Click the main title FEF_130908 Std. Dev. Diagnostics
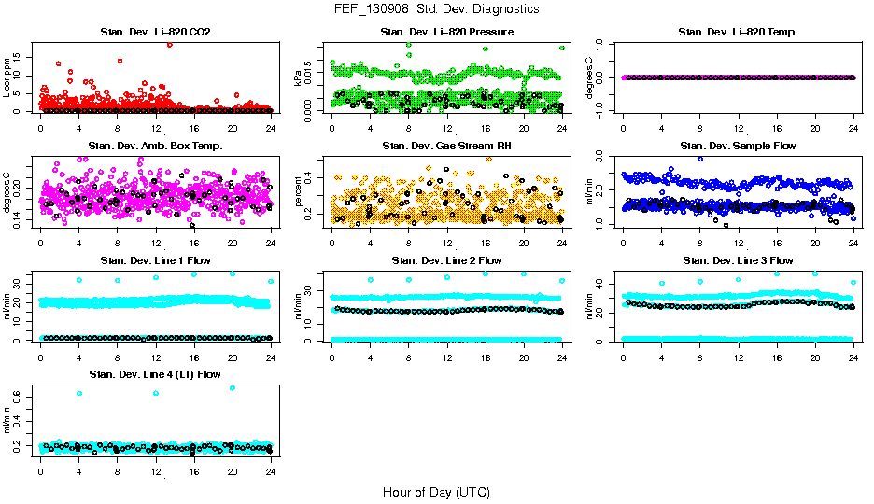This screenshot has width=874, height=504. click(x=436, y=8)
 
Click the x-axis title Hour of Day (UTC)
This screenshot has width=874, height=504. click(x=436, y=492)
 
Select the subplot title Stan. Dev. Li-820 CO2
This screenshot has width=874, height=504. click(x=155, y=33)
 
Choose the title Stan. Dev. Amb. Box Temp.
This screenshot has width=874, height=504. click(x=155, y=147)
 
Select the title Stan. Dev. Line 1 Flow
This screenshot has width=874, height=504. click(x=155, y=260)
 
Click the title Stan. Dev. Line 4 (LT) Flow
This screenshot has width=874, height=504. click(x=155, y=374)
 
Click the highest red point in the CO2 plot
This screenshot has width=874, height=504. click(x=169, y=44)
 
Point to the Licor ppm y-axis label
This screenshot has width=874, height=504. click(x=7, y=77)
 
